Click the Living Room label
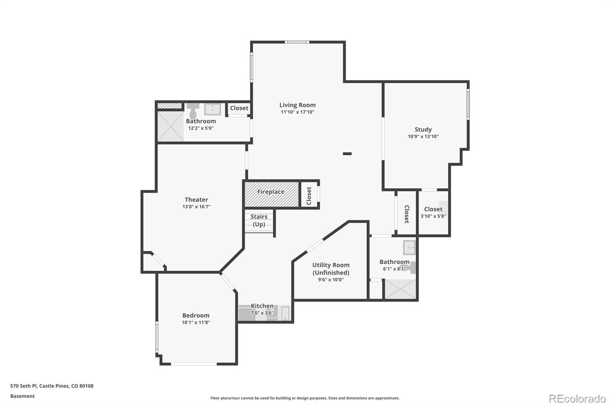click(x=297, y=105)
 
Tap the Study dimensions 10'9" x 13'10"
click(x=423, y=136)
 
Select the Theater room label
click(x=196, y=200)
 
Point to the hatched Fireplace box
click(x=271, y=194)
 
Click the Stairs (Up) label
click(x=259, y=221)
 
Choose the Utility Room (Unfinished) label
click(x=331, y=269)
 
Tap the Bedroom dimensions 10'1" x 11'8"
click(x=196, y=322)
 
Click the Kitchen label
click(x=262, y=306)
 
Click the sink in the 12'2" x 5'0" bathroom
click(x=212, y=109)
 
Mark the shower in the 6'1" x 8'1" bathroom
click(x=400, y=289)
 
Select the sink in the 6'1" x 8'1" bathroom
click(x=409, y=248)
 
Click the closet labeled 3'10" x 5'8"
click(x=433, y=213)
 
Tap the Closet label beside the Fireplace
click(x=309, y=195)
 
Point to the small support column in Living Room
click(x=347, y=154)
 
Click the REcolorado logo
click(x=577, y=398)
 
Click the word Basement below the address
click(x=22, y=396)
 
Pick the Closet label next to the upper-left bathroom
click(x=239, y=108)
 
